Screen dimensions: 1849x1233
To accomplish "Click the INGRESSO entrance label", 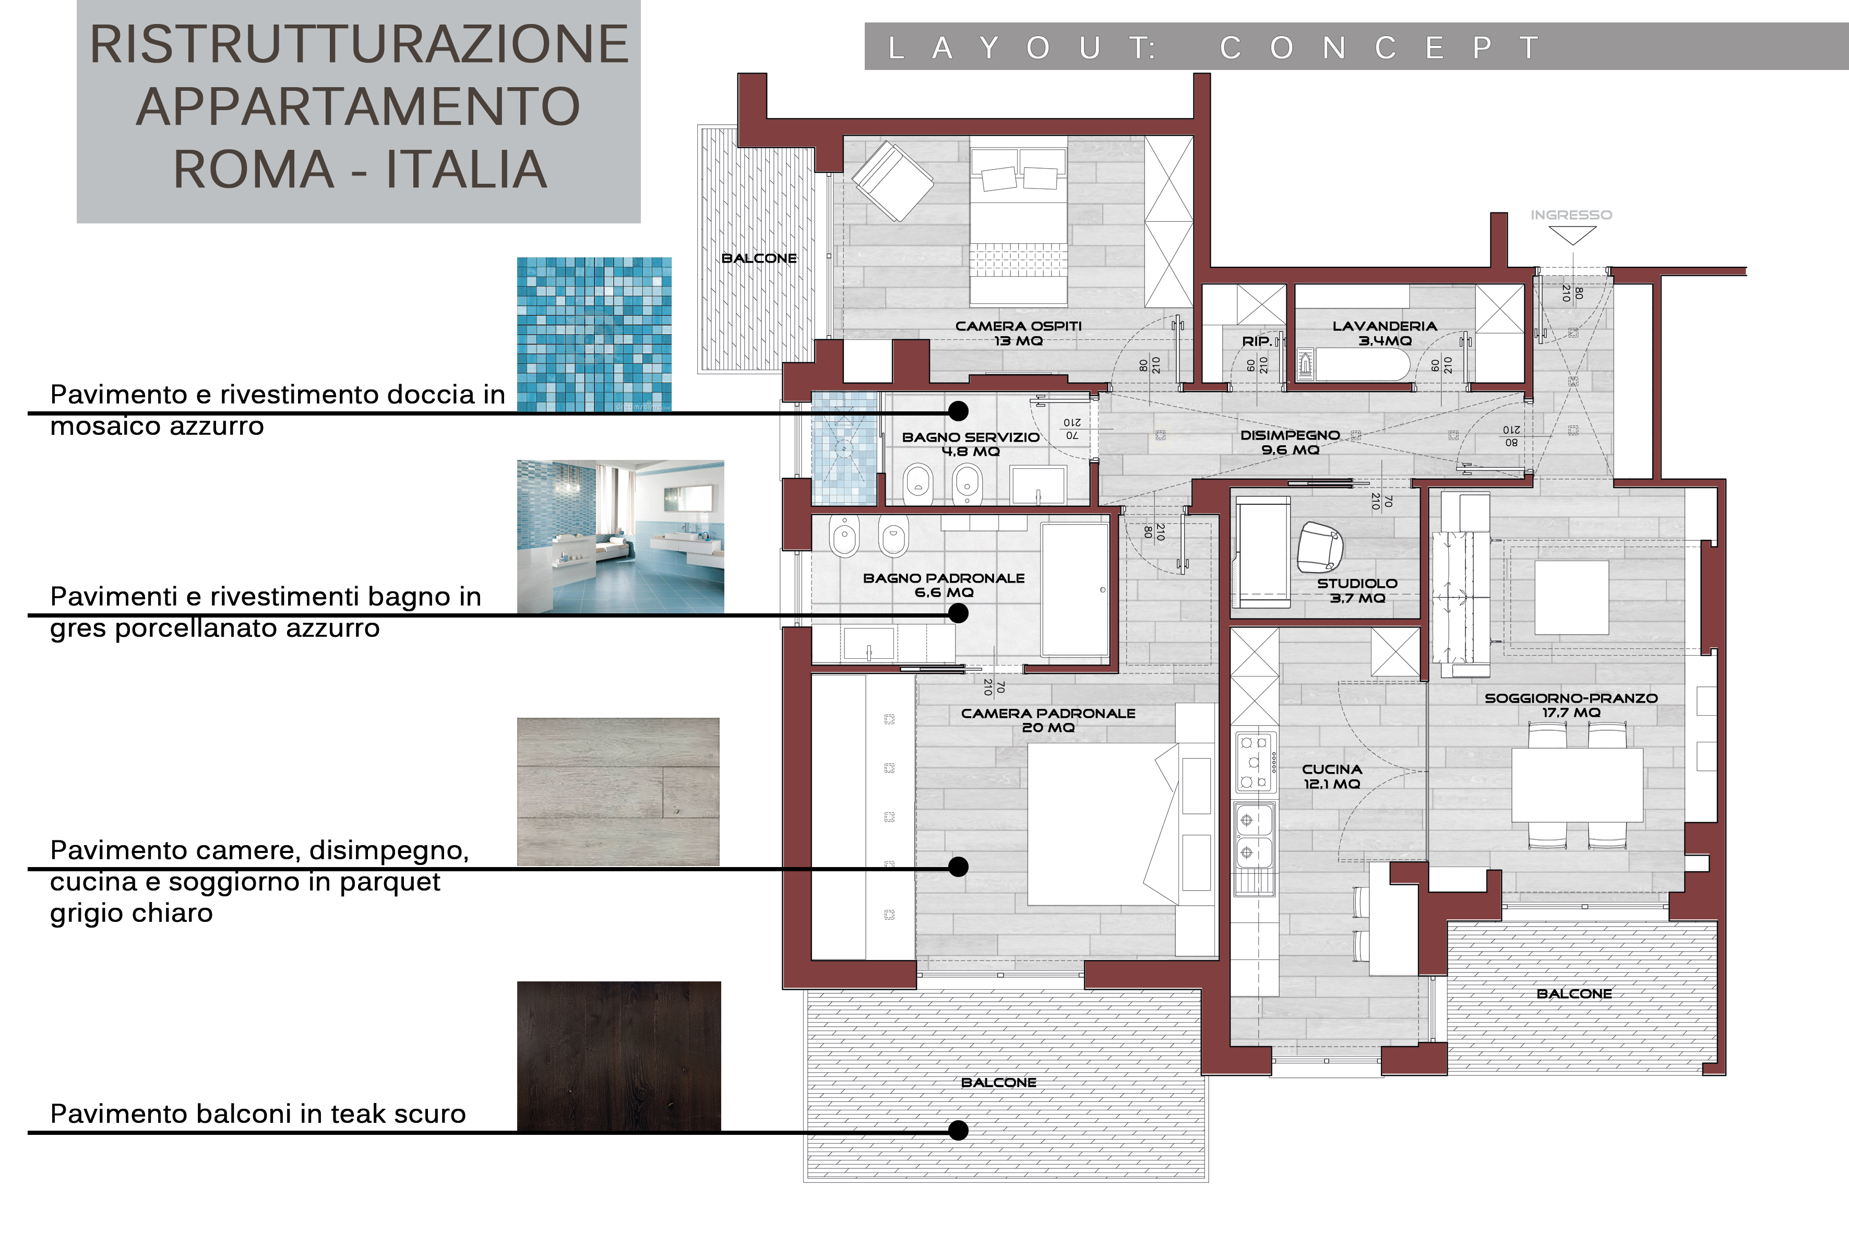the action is click(1571, 215).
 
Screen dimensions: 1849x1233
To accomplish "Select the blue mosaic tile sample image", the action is click(594, 334).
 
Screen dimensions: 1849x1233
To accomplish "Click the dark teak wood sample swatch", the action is click(619, 1056).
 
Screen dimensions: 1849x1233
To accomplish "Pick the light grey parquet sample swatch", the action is click(618, 792).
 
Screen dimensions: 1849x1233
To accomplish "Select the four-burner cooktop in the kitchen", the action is click(1254, 761).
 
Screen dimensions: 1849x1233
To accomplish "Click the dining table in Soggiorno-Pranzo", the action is click(1577, 785).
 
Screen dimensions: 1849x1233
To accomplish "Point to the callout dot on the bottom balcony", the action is click(958, 1130).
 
